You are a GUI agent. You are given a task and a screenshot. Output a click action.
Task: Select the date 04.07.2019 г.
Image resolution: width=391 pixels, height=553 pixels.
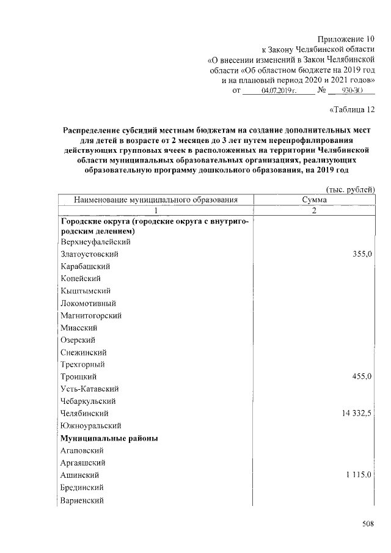tap(279, 90)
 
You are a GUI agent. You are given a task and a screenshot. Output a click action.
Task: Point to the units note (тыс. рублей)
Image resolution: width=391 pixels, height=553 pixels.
tap(350, 189)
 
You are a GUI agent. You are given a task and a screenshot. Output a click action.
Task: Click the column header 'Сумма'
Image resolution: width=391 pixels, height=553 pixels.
tap(314, 200)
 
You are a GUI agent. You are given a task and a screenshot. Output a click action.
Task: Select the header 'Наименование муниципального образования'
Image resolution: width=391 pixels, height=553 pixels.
tap(155, 200)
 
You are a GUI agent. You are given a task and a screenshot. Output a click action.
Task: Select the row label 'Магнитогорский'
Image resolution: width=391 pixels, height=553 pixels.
tap(91, 315)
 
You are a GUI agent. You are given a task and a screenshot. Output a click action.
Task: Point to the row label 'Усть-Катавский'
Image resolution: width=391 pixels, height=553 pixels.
tap(89, 389)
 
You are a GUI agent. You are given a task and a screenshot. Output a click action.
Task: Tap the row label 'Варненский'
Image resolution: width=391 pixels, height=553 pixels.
tap(82, 500)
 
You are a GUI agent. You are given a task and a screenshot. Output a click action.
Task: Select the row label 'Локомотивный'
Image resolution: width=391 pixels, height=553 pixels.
tap(89, 303)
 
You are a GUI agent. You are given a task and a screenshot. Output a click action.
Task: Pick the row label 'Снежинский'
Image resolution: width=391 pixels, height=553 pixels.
tap(84, 352)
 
